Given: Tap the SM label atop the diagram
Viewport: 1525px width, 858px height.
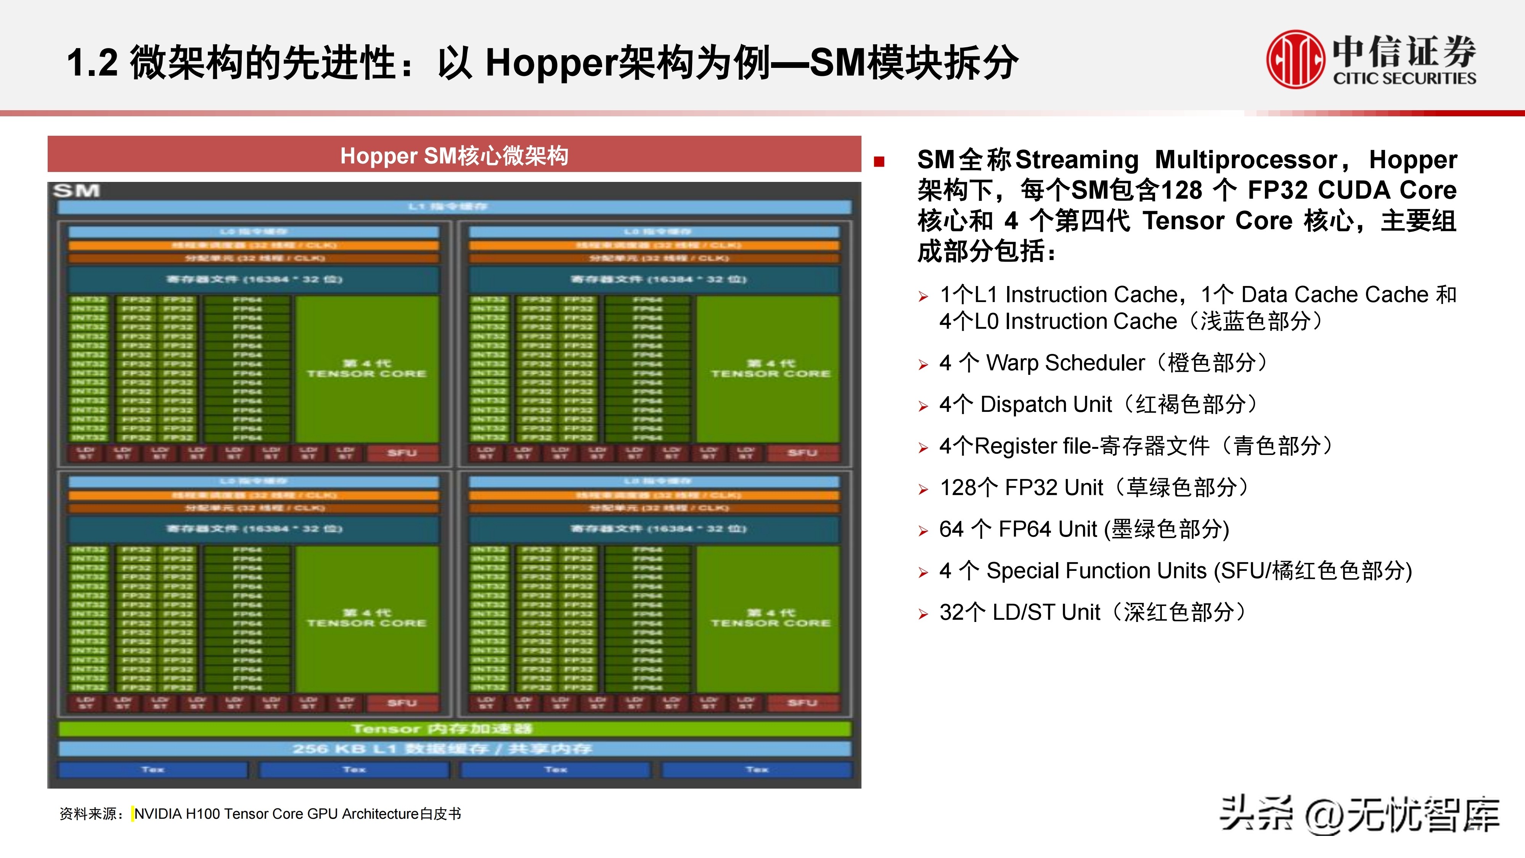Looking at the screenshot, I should [76, 191].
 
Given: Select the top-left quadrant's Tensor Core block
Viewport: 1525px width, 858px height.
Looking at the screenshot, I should [366, 368].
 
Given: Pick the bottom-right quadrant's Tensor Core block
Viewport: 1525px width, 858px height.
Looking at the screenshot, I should [770, 618].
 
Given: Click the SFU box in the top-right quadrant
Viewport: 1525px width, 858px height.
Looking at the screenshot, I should [802, 453].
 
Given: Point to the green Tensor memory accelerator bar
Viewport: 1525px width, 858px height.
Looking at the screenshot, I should [454, 728].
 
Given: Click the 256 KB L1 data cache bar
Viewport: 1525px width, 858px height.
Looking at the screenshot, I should [454, 749].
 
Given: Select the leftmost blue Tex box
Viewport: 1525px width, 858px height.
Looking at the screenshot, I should [153, 770].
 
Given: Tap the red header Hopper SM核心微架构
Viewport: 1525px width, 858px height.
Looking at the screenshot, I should [454, 156].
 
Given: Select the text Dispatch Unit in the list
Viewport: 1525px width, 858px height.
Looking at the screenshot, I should [1046, 405].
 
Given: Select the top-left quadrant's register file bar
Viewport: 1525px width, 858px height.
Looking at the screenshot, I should [254, 279].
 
